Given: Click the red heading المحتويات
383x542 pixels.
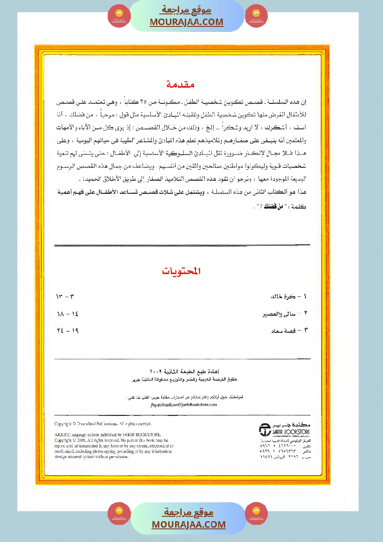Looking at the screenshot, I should pos(182,271).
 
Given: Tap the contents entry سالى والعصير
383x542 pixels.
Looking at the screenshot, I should pos(286,314).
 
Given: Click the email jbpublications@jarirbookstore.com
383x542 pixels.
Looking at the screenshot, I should pos(184,405).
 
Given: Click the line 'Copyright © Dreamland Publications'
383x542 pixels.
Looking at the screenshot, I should pos(103,424).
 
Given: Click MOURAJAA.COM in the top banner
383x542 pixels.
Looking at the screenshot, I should pos(187,22).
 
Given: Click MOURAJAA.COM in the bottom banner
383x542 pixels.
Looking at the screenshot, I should pos(188,524).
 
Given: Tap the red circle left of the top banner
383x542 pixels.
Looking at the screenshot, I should pos(119,16).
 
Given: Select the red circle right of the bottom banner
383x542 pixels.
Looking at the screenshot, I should pos(256,514).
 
